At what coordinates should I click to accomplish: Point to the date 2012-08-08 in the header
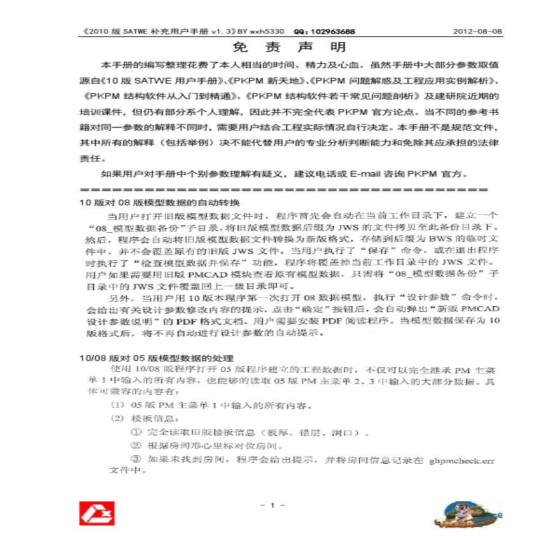click(477, 31)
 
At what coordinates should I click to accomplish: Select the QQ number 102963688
click(332, 31)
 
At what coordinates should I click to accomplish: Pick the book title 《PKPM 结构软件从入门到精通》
click(160, 97)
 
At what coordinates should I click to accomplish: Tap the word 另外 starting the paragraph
click(117, 297)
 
